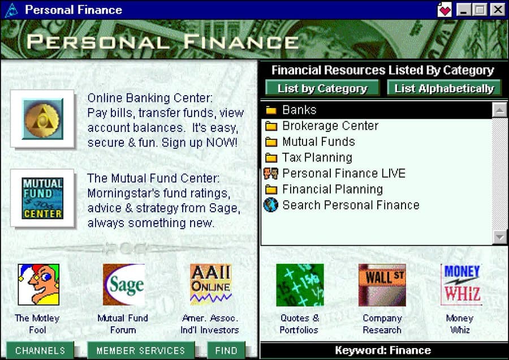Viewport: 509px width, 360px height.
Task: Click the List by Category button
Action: [322, 88]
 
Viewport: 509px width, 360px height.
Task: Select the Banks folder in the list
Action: [377, 110]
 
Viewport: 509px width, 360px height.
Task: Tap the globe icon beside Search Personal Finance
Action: [271, 205]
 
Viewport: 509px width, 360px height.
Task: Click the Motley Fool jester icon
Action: [38, 285]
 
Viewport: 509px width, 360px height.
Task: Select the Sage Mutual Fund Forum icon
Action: [124, 285]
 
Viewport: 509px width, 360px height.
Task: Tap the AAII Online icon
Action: [211, 285]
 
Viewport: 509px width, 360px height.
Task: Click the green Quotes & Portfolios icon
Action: [300, 285]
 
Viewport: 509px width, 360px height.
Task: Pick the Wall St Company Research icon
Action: [382, 285]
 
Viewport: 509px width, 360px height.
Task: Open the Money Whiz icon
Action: [461, 285]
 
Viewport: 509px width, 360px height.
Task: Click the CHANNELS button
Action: [40, 350]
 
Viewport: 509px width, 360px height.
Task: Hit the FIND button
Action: [226, 350]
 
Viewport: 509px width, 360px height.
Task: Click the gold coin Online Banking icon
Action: [42, 119]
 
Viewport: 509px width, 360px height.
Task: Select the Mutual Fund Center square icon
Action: [42, 198]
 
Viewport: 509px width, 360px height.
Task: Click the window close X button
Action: [498, 10]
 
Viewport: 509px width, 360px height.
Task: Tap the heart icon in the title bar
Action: [444, 10]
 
